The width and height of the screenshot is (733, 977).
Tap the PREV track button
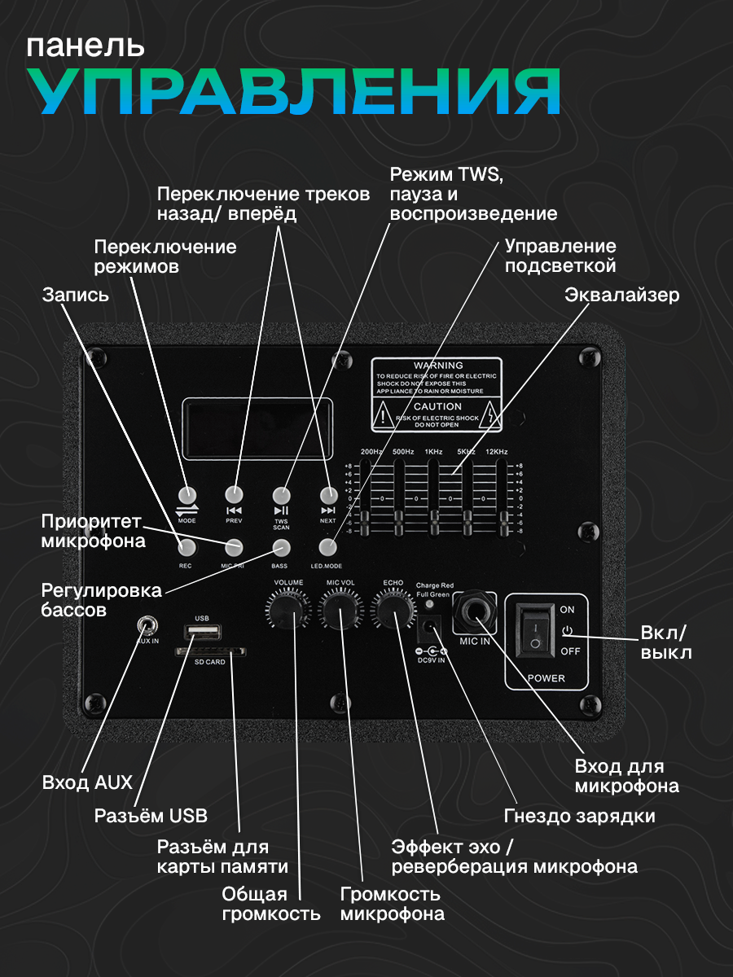235,494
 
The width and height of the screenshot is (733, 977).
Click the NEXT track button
328,494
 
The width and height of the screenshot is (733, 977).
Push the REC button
187,546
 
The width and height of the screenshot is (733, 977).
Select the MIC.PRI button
234,546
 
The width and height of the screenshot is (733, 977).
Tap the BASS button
281,546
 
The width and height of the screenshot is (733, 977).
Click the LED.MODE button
328,546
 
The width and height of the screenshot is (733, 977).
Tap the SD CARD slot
211,652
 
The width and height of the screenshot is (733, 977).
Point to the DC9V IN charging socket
429,629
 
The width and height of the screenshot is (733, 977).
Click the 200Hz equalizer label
371,451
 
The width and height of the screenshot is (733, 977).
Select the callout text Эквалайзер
621,295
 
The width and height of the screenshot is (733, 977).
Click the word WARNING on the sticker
438,366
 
